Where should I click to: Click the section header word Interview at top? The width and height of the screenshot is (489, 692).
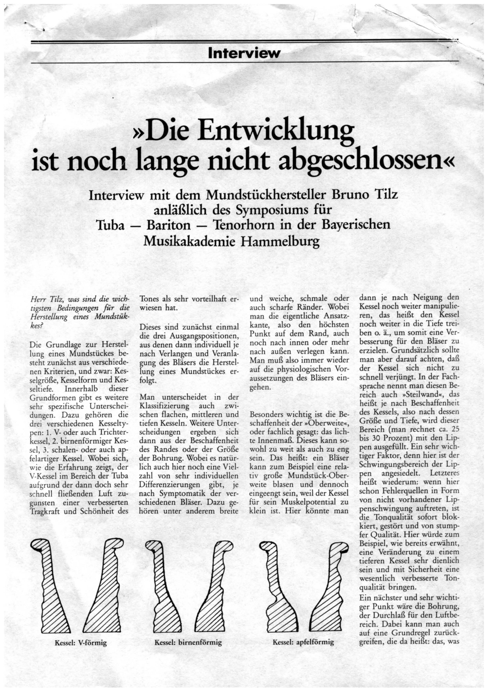coord(244,54)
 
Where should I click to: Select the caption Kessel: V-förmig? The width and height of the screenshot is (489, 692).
coord(81,642)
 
